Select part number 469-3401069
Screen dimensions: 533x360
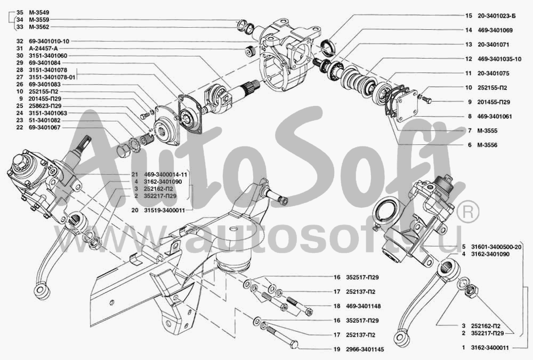tap(495, 30)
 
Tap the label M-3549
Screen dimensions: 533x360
tap(39, 13)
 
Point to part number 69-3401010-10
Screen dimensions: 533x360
tap(49, 41)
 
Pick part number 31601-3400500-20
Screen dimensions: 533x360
tap(496, 247)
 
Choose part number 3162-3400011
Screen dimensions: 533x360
tap(490, 348)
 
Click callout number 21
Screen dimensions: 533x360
tap(135, 174)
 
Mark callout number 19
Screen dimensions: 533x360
tap(337, 349)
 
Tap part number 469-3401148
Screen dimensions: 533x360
tap(364, 306)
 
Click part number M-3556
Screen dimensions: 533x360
tap(488, 145)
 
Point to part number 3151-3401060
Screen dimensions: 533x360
tap(48, 56)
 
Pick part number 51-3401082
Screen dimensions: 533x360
tap(45, 120)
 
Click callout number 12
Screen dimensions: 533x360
tap(469, 59)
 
